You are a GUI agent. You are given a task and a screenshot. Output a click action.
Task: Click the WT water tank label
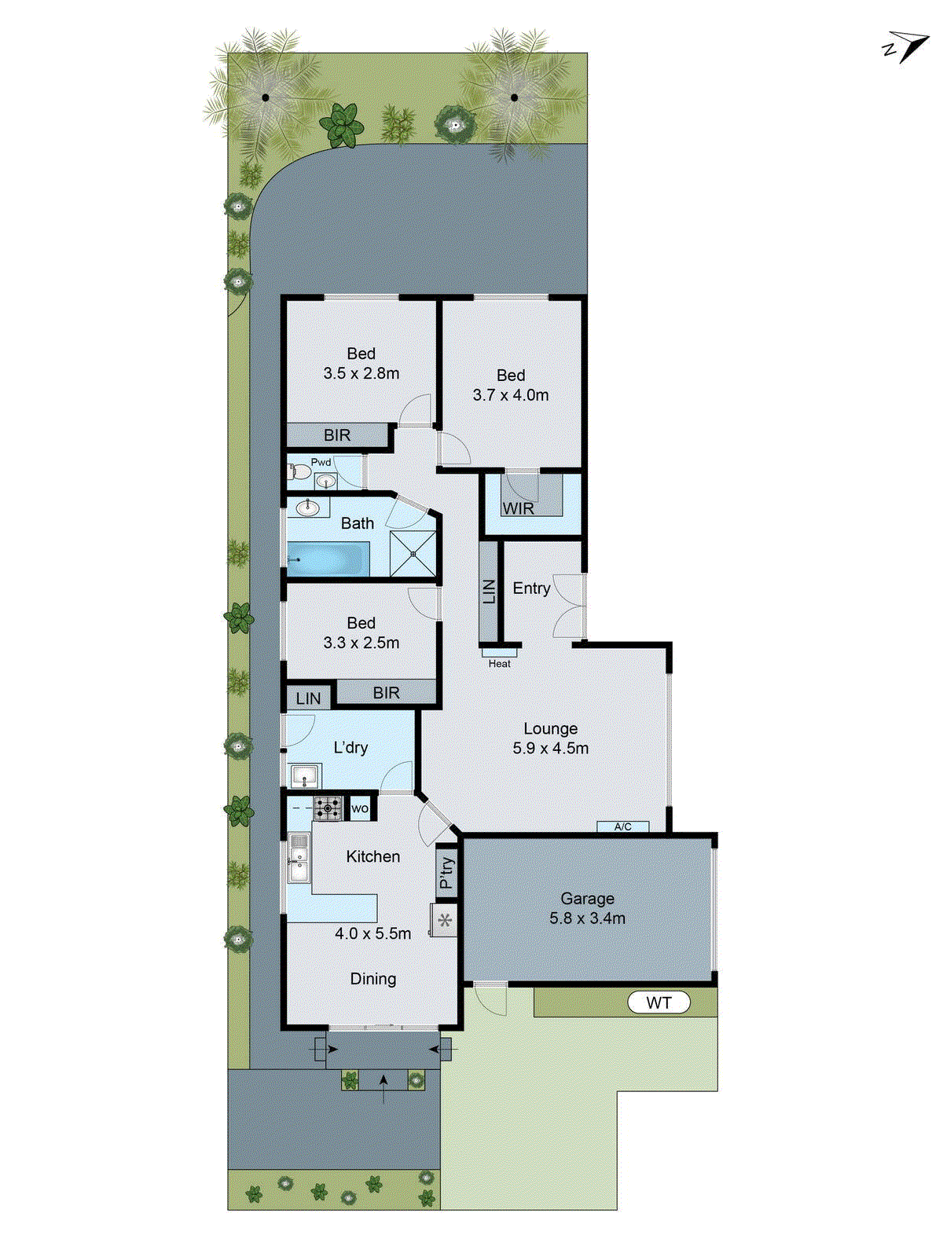[659, 1002]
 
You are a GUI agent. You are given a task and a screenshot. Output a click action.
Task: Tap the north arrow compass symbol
[905, 47]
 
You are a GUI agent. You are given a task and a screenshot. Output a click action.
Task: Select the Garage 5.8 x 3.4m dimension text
[588, 918]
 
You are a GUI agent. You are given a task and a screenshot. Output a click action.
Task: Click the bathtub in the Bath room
[328, 559]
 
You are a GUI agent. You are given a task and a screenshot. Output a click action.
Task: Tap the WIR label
[519, 508]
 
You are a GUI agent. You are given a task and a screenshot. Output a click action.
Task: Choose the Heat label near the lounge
[499, 664]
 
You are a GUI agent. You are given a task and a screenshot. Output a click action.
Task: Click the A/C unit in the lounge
[622, 826]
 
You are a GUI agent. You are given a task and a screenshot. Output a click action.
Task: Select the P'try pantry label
[446, 873]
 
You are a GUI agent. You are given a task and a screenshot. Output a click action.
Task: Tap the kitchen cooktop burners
[328, 808]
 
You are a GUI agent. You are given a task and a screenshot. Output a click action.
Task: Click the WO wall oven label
[360, 808]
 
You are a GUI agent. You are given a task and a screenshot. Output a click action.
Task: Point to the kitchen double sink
[298, 858]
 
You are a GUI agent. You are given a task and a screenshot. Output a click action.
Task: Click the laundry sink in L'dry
[305, 776]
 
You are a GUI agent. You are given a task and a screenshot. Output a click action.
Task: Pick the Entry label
[531, 588]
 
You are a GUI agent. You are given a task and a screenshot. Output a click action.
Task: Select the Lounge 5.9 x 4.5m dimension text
[550, 748]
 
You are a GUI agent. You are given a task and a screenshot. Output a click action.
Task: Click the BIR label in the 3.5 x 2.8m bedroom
[337, 435]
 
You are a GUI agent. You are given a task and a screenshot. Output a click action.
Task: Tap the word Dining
[373, 979]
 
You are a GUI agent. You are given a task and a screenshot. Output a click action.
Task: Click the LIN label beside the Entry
[489, 591]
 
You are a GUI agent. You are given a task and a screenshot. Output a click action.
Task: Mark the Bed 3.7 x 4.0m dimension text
[511, 395]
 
